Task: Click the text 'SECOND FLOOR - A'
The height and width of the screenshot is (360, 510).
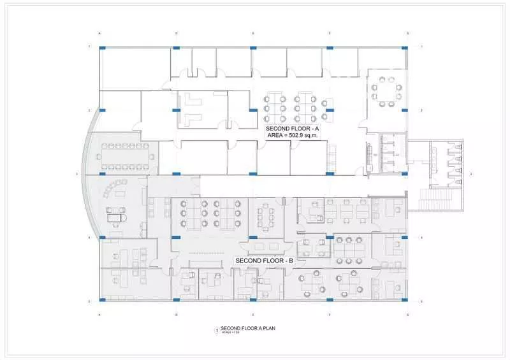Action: [292, 128]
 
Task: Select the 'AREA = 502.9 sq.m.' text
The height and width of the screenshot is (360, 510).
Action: [292, 135]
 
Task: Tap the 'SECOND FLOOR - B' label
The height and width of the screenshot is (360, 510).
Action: [264, 261]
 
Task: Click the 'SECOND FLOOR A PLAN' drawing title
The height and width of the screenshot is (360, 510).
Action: [252, 328]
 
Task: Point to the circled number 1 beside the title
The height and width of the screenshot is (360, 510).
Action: [217, 330]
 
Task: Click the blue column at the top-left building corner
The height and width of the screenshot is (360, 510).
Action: [101, 47]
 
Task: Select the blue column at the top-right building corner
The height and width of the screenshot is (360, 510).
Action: [405, 47]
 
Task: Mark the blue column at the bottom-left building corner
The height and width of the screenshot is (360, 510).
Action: [101, 298]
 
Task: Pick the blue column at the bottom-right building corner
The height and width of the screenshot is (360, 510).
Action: [405, 298]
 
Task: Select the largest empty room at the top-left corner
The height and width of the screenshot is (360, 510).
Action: [135, 69]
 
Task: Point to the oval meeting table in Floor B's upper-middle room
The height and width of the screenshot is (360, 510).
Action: [264, 217]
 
